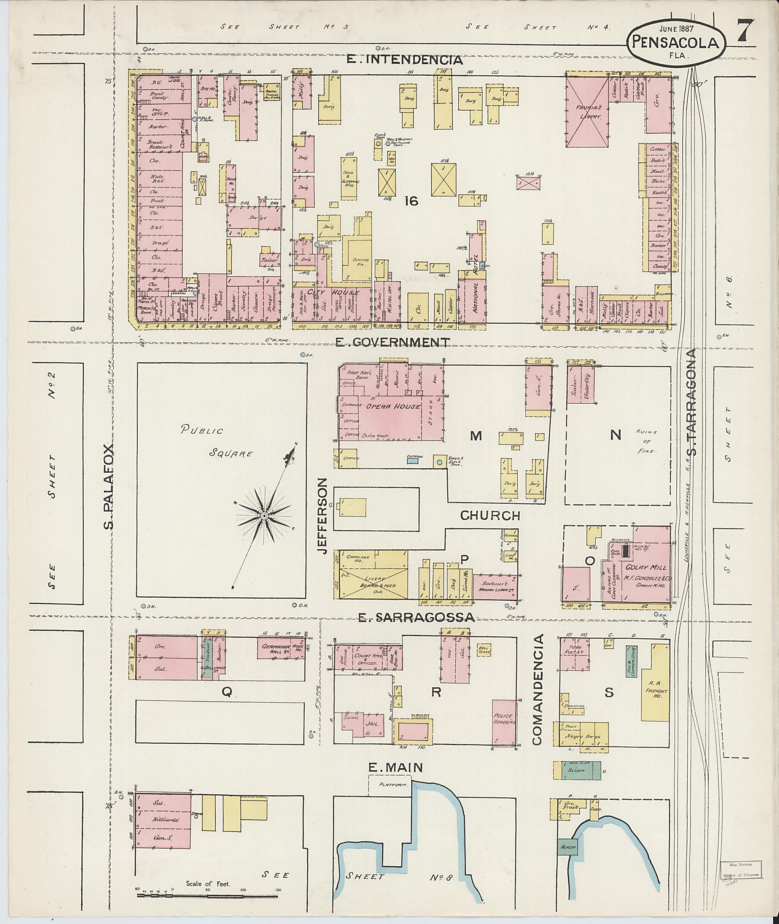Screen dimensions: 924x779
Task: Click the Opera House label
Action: tap(389, 406)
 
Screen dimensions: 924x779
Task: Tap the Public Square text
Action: tap(216, 442)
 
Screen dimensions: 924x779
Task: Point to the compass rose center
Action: tap(264, 516)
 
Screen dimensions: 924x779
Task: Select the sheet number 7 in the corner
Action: tap(746, 31)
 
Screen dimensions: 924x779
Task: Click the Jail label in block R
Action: tap(370, 725)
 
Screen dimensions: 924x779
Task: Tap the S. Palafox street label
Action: tap(110, 486)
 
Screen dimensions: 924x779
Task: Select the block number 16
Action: tap(411, 201)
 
